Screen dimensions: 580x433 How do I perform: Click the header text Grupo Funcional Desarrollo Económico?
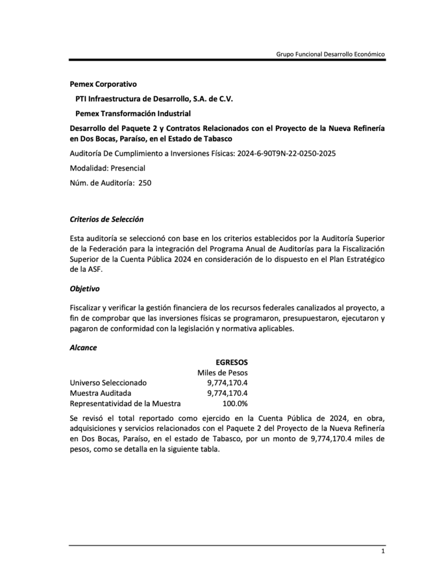(x=330, y=54)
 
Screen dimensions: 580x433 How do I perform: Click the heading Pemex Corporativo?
(x=103, y=84)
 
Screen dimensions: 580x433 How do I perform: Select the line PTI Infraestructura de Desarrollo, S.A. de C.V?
(x=154, y=99)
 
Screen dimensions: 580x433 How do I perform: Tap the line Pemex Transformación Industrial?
(x=133, y=113)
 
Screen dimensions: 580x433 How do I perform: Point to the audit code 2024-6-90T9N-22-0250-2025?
(x=285, y=153)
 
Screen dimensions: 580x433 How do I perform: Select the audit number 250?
(x=145, y=182)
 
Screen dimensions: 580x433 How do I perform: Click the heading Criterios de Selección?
(x=107, y=219)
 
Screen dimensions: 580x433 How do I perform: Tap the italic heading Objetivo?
(x=84, y=288)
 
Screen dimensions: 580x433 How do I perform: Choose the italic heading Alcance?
(x=83, y=347)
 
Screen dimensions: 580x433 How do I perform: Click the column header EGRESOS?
(x=231, y=361)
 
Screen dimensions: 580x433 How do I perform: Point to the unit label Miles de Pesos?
(x=222, y=372)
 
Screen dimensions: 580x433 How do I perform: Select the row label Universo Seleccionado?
(x=108, y=382)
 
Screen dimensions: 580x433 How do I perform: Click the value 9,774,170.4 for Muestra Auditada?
(x=227, y=393)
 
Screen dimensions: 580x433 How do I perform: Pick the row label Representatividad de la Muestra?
(x=125, y=403)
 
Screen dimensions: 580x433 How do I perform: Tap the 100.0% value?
(x=235, y=403)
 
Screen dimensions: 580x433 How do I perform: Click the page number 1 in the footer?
(x=383, y=552)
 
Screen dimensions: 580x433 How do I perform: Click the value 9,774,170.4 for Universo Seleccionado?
(x=227, y=382)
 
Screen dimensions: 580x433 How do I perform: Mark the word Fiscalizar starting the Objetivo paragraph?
(x=86, y=308)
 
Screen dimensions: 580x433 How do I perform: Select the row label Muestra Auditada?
(x=100, y=393)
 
